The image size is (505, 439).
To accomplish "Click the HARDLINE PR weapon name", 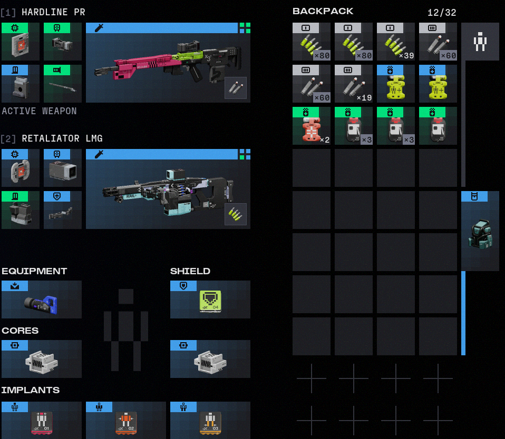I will click(x=53, y=12).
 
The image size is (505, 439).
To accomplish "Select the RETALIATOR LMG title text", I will click(x=62, y=138).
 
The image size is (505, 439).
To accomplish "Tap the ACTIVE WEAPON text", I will click(x=40, y=111).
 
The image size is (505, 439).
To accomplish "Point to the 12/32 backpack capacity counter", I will click(x=442, y=13).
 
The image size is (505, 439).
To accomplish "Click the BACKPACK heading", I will click(x=323, y=11).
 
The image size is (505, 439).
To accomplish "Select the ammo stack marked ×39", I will click(x=396, y=42).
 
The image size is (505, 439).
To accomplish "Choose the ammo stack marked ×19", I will click(x=354, y=84).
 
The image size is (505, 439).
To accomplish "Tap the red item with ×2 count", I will click(x=312, y=126).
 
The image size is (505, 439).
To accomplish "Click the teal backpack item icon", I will click(x=480, y=234).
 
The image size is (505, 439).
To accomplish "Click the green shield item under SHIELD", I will click(x=210, y=302).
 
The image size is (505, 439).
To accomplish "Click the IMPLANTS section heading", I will click(x=31, y=390).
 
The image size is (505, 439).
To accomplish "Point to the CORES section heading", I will click(x=20, y=331).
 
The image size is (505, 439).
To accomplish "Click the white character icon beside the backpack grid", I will click(x=480, y=42).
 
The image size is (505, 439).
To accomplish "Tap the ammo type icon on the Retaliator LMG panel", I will click(x=235, y=214).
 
